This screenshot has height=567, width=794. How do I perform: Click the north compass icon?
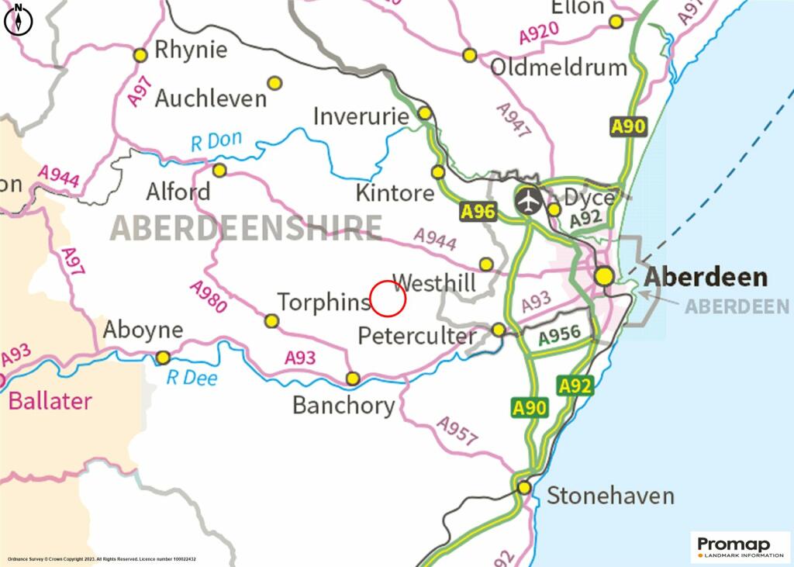point(19,21)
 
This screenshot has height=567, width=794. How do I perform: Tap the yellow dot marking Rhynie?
point(140,55)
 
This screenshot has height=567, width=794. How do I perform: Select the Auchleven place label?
point(211,99)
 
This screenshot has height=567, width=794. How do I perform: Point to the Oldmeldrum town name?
point(558,67)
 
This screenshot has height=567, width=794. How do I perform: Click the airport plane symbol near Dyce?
point(529,201)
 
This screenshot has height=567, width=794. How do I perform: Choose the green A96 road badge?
point(478,212)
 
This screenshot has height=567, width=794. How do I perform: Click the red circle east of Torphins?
point(388,299)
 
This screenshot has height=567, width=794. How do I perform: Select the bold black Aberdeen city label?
point(706,277)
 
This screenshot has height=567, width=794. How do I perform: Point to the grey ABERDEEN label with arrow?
point(737,306)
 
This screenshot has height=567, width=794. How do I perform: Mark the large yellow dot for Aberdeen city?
point(604,276)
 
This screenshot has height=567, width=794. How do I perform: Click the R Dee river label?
point(192,379)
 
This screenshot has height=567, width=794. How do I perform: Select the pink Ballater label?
point(50,401)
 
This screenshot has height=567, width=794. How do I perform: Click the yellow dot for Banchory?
point(353,379)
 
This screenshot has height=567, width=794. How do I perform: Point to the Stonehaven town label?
point(610,496)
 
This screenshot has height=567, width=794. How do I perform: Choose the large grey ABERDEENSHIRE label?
point(246,227)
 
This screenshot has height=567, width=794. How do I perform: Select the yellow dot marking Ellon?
point(616,22)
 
